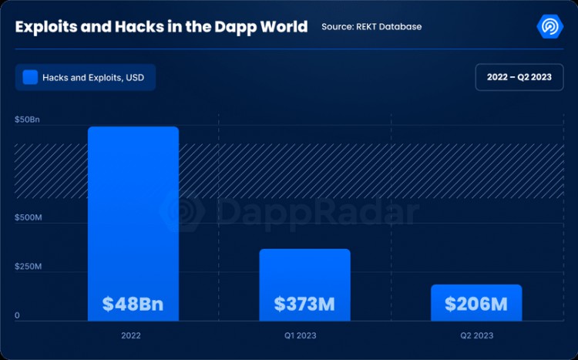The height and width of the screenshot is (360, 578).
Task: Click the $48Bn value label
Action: pos(133,304)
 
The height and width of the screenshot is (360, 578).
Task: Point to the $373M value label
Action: pos(304,304)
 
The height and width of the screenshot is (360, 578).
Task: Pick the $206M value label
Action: pos(476,304)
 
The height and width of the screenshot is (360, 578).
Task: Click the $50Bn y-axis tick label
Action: pos(27,121)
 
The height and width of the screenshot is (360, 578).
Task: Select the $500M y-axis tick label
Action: pos(29,218)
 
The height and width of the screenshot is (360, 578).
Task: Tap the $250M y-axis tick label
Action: pos(29,267)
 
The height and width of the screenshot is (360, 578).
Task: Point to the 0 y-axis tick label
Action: pos(17,315)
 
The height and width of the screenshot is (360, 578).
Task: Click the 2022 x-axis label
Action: pos(131,336)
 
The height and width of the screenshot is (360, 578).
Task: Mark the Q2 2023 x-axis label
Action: pos(477,336)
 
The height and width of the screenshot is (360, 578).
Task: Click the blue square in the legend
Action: pos(30,77)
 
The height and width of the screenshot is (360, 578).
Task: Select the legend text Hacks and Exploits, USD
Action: pos(99,78)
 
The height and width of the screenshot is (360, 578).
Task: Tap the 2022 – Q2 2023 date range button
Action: pos(519,77)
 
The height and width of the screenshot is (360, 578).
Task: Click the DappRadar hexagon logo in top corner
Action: pos(550,25)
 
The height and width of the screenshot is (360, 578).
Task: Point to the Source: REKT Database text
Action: pos(371,27)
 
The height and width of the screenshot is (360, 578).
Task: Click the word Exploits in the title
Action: pos(45,27)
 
